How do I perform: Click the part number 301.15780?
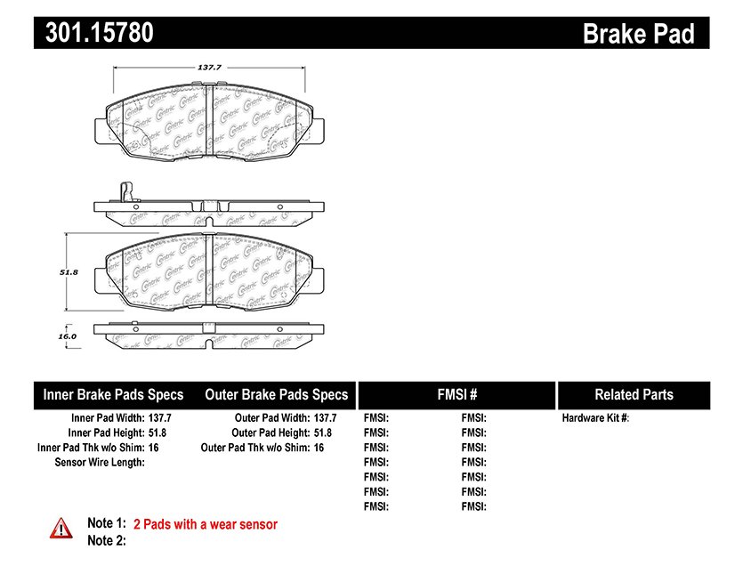pos(93,33)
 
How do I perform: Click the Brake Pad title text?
pos(638,34)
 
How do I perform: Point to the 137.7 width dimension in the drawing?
pos(208,67)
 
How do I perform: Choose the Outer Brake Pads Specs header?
pos(276,394)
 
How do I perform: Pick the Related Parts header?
pos(634,394)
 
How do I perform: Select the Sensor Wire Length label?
pos(99,462)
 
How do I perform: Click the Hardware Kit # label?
pos(595,417)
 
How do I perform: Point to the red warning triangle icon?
pos(61,528)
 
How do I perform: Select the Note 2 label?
pos(106,540)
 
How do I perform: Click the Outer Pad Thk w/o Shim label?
pos(254,448)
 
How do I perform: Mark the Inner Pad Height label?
pos(109,433)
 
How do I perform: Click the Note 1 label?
pos(106,524)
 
